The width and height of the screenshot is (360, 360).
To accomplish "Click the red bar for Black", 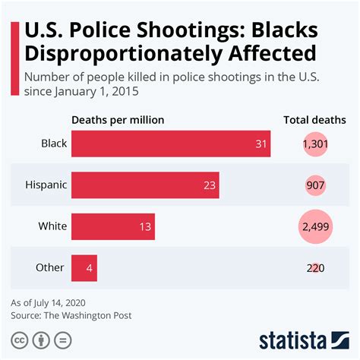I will (171, 144).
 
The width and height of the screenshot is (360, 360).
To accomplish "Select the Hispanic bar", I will (145, 185).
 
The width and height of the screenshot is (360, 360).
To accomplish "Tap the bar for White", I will (113, 226).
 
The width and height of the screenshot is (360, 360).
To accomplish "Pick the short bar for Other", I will (84, 267).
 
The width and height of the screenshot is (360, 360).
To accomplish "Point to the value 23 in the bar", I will (210, 185).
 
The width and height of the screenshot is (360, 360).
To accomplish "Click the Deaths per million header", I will (118, 120).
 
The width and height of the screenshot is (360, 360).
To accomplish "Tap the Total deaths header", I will (314, 120).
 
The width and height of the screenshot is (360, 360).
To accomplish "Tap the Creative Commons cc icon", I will (19, 339).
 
